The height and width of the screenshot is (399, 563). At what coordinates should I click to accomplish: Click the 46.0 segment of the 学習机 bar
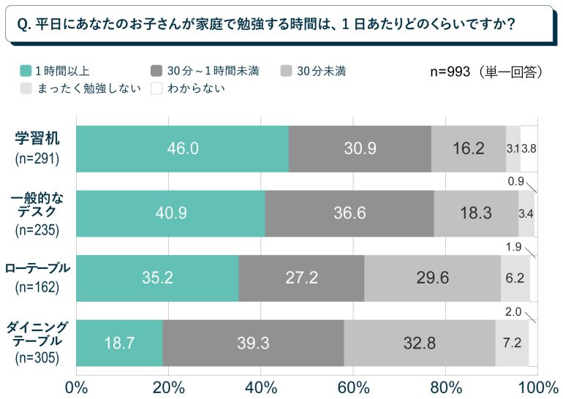pyautogui.click(x=182, y=148)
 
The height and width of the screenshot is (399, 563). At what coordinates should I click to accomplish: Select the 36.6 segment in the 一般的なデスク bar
pyautogui.click(x=349, y=213)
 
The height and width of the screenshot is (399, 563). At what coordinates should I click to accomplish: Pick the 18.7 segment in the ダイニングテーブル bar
pyautogui.click(x=119, y=343)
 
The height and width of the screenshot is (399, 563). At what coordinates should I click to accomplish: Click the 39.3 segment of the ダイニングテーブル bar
pyautogui.click(x=253, y=343)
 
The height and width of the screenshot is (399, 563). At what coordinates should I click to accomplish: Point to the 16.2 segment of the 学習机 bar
pyautogui.click(x=468, y=148)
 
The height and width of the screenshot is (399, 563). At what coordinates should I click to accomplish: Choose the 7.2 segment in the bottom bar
pyautogui.click(x=512, y=343)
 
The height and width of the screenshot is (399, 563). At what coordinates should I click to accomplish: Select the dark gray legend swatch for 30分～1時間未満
pyautogui.click(x=156, y=71)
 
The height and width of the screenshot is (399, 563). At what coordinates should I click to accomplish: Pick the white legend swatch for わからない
pyautogui.click(x=156, y=88)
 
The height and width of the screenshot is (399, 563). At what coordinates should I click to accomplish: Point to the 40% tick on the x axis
pyautogui.click(x=261, y=387)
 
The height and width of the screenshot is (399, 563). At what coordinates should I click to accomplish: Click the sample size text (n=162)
pyautogui.click(x=37, y=286)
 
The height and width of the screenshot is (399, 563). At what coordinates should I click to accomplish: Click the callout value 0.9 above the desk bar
pyautogui.click(x=515, y=181)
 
